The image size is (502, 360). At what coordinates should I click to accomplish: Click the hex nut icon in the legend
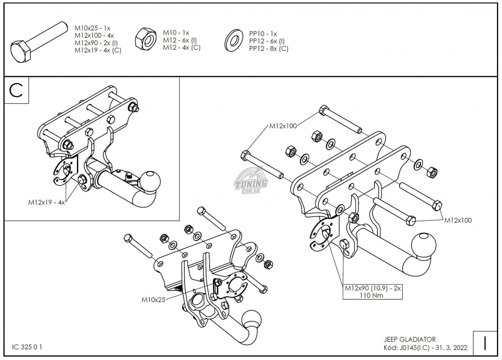pyautogui.click(x=145, y=40)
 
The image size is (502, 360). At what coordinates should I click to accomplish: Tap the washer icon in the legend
pyautogui.click(x=233, y=40)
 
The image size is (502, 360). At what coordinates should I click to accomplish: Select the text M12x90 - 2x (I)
pyautogui.click(x=96, y=43)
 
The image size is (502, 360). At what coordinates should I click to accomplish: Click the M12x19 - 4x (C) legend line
pyautogui.click(x=98, y=51)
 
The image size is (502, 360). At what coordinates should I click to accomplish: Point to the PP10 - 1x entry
pyautogui.click(x=263, y=33)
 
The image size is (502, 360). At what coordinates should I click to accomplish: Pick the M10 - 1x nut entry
pyautogui.click(x=176, y=33)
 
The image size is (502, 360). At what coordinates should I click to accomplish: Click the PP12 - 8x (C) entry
pyautogui.click(x=269, y=49)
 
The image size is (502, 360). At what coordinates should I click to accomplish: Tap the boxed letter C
pyautogui.click(x=17, y=90)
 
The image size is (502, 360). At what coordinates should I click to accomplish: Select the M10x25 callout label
pyautogui.click(x=154, y=299)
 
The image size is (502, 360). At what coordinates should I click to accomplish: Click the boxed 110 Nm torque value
pyautogui.click(x=372, y=295)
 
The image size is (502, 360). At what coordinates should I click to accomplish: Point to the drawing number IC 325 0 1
pyautogui.click(x=28, y=347)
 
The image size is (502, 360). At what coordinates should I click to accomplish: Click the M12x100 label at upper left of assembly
pyautogui.click(x=283, y=125)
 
